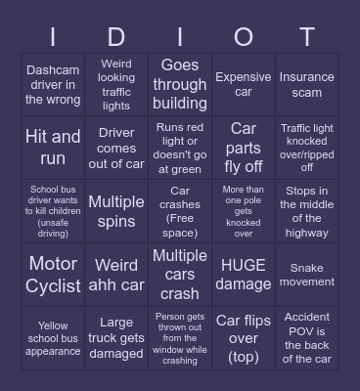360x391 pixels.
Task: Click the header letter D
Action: tap(116, 37)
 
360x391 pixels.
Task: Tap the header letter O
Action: tap(244, 37)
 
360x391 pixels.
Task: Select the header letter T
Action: tap(307, 37)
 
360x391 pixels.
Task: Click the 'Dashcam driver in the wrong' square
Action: tap(53, 85)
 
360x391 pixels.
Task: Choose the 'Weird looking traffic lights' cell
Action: tap(116, 85)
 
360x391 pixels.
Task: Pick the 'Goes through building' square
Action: tap(180, 85)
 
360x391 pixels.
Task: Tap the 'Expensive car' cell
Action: tap(244, 85)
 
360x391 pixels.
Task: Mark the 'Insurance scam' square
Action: tap(307, 85)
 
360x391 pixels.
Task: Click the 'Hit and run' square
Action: tap(53, 148)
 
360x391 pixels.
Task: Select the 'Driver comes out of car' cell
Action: tap(116, 148)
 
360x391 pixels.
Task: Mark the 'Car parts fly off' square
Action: tap(244, 148)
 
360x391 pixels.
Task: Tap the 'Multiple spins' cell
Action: tap(116, 211)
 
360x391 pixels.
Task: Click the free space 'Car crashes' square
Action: tap(180, 211)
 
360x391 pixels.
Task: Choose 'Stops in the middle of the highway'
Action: tap(307, 211)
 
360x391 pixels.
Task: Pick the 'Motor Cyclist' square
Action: tap(53, 275)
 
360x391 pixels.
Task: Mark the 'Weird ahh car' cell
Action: tap(116, 275)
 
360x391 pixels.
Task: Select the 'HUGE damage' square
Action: tap(244, 275)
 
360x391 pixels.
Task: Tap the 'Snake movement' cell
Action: tap(307, 275)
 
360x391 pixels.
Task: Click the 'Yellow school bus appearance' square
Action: tap(53, 338)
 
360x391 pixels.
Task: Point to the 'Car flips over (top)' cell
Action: tap(244, 338)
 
